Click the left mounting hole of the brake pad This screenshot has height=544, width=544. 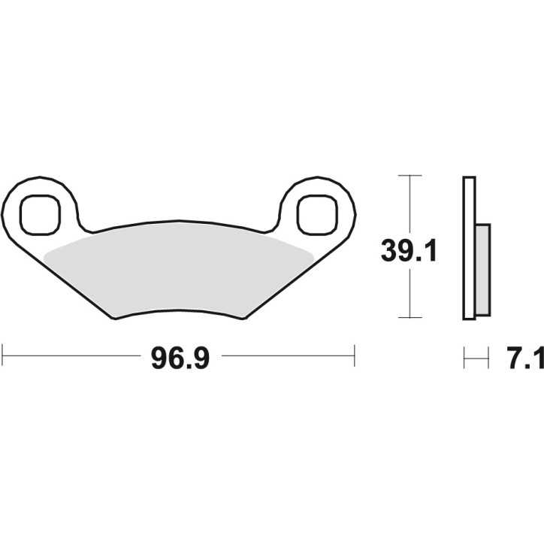click(x=38, y=214)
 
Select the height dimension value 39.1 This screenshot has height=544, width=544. click(x=409, y=250)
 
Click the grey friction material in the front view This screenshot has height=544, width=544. click(x=179, y=267)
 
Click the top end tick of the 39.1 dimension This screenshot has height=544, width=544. click(x=409, y=176)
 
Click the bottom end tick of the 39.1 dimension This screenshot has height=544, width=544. click(x=409, y=318)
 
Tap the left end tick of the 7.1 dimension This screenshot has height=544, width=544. click(x=464, y=358)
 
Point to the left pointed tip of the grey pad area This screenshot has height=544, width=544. click(x=45, y=255)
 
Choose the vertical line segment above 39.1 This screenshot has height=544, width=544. click(x=409, y=203)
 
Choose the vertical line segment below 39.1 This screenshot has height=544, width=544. click(x=409, y=293)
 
